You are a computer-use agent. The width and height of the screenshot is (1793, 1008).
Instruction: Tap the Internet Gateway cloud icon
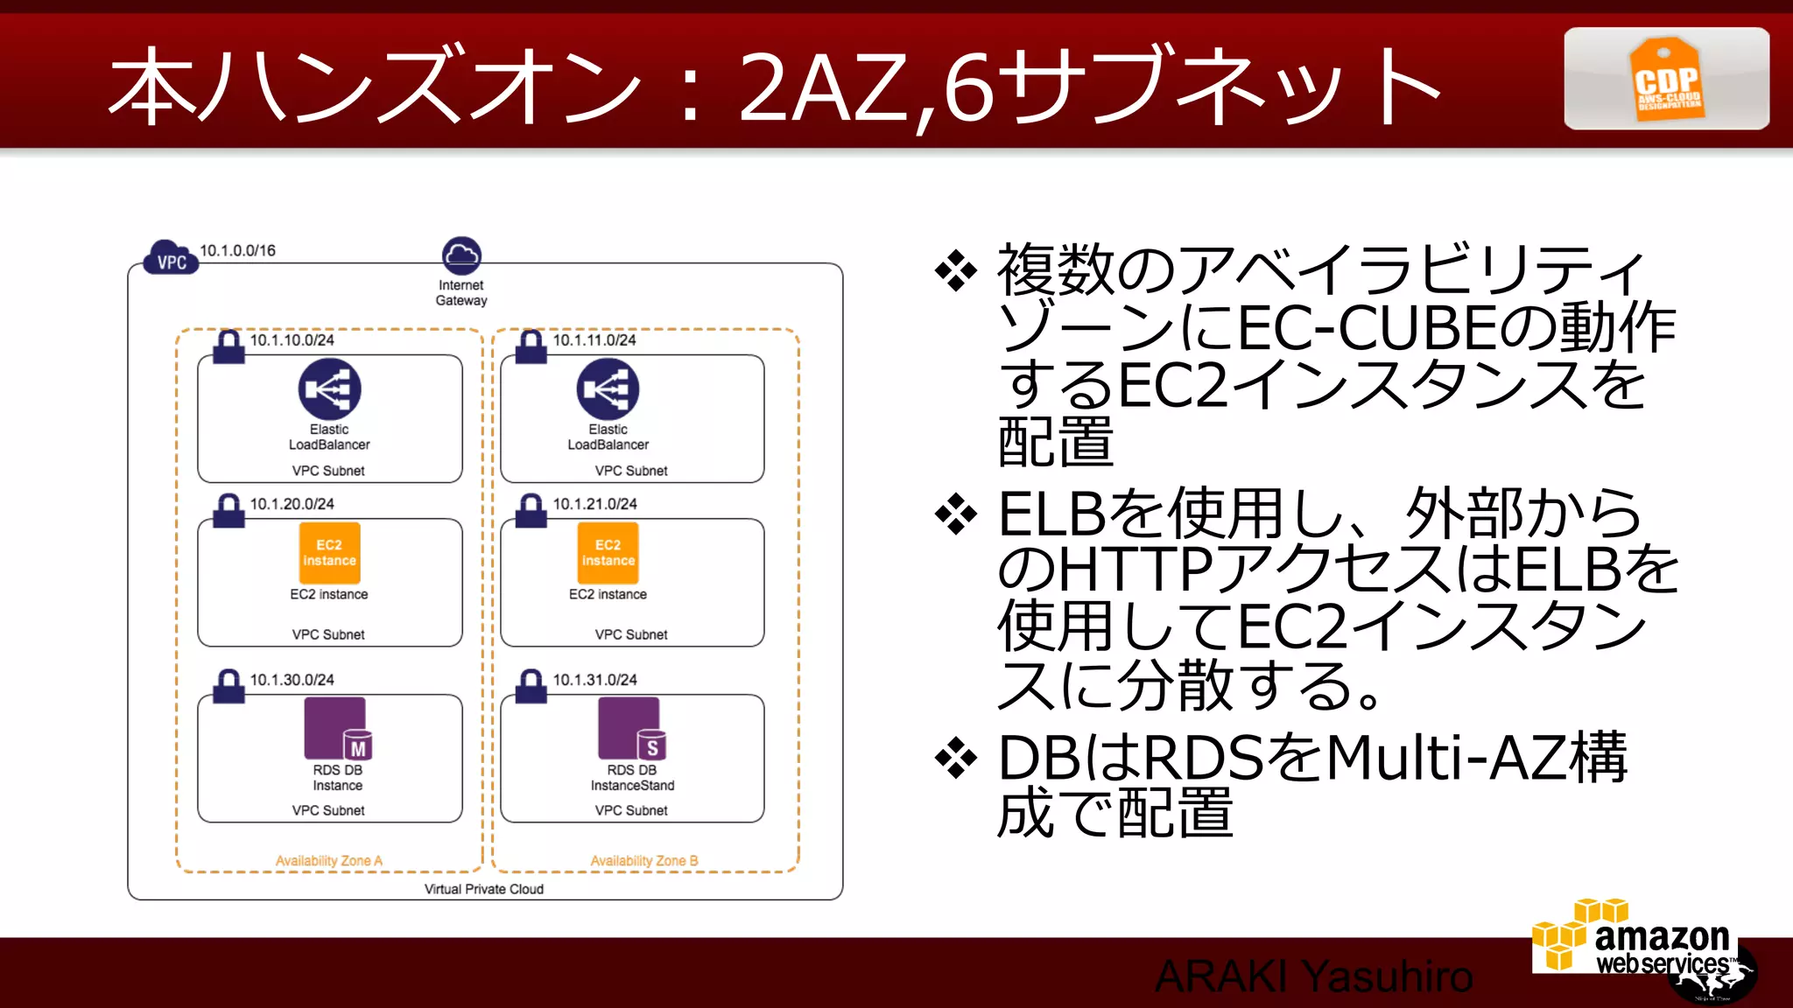[x=461, y=255]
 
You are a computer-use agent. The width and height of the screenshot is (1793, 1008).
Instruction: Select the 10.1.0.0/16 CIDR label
[x=237, y=251]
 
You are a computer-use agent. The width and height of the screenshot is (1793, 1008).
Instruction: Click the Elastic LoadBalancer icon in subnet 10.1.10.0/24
[x=329, y=389]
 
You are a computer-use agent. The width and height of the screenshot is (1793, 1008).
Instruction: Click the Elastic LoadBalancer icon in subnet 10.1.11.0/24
[x=608, y=389]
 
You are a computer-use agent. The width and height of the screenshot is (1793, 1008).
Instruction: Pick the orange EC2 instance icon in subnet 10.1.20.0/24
[x=329, y=553]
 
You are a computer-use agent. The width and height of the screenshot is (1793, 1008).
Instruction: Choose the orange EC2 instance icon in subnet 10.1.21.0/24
[x=608, y=553]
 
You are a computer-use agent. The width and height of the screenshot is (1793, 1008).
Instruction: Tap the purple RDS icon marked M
[x=338, y=728]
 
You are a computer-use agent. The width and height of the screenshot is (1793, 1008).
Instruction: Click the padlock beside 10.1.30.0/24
[x=229, y=687]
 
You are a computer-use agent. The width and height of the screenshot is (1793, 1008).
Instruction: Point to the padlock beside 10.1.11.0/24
[x=531, y=347]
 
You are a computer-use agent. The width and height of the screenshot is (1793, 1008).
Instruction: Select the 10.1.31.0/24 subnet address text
[x=594, y=680]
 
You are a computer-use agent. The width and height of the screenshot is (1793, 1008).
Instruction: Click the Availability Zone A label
[x=329, y=861]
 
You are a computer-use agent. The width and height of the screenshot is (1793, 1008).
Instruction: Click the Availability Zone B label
[x=643, y=861]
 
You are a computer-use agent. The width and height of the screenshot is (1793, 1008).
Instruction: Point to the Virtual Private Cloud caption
[x=484, y=889]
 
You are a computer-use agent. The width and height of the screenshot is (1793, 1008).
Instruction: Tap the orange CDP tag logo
[x=1666, y=79]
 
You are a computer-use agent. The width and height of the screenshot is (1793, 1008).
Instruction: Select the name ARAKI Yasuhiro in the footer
[x=1313, y=976]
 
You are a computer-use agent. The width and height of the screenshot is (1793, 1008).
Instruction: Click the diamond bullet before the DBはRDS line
[x=956, y=758]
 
